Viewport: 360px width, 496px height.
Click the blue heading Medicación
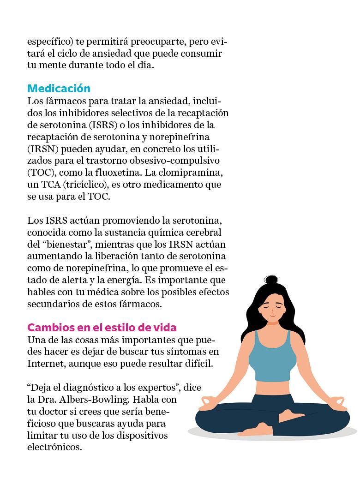59,89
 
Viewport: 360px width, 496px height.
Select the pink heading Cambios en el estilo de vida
102,328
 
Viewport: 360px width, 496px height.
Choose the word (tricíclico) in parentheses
88,185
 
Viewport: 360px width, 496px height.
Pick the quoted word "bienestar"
67,244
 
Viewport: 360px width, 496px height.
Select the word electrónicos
54,448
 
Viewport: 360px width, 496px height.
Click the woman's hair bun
271,280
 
